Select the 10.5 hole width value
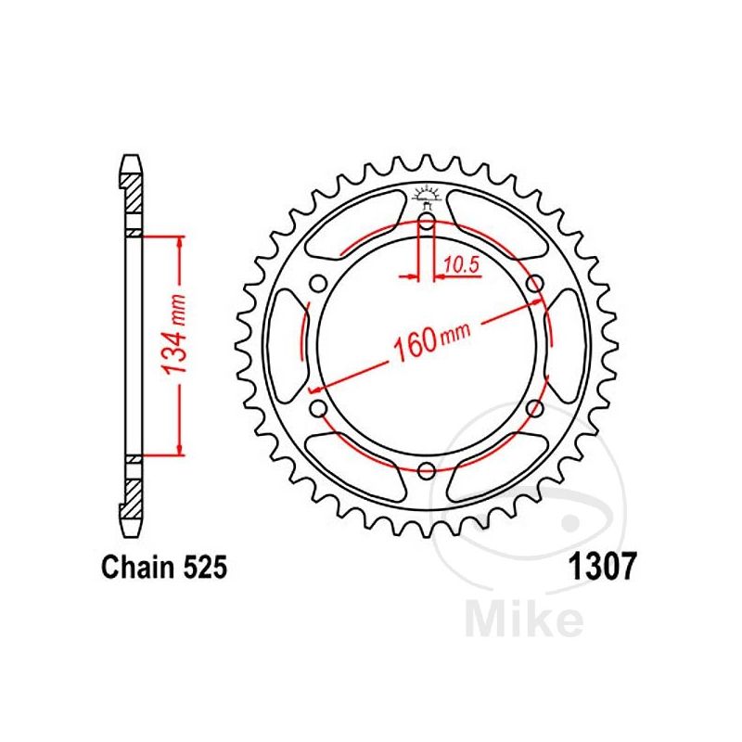[459, 265]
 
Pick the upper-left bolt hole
[318, 284]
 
